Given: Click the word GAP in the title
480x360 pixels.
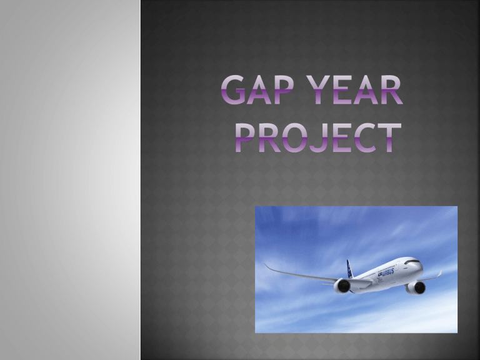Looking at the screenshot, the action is click(x=257, y=90).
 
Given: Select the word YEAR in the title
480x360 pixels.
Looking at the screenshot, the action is click(x=355, y=90).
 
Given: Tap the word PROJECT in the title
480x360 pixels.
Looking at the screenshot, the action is click(x=318, y=137).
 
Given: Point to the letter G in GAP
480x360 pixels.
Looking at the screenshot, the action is click(x=233, y=90).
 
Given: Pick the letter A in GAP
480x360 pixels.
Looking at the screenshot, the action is click(x=259, y=90).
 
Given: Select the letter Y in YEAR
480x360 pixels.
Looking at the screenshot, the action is click(x=319, y=90).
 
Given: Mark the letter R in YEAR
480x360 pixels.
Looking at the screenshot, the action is click(x=392, y=90).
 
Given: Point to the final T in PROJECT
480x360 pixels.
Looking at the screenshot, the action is click(x=389, y=137).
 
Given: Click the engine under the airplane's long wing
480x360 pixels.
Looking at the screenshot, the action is click(x=342, y=286).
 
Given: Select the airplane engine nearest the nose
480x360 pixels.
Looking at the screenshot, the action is click(x=416, y=287).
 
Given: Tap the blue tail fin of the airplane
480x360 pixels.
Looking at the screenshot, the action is click(x=349, y=269).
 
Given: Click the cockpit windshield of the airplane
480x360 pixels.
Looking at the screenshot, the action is click(x=412, y=262).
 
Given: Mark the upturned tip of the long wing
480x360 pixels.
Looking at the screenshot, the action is click(x=266, y=265).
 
